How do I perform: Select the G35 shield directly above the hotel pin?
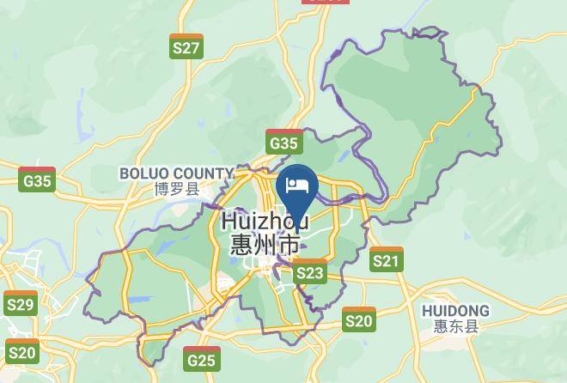click(283, 143)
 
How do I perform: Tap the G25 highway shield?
click(201, 358)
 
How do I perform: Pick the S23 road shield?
click(309, 272)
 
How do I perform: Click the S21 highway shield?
click(387, 259)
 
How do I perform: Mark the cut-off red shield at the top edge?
click(326, 2)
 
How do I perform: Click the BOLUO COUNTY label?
click(176, 173)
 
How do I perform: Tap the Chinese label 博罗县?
click(176, 189)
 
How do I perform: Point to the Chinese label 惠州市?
click(265, 244)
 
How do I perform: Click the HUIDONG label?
click(456, 310)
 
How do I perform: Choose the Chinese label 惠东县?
click(456, 326)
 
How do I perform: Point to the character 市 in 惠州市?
click(289, 244)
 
